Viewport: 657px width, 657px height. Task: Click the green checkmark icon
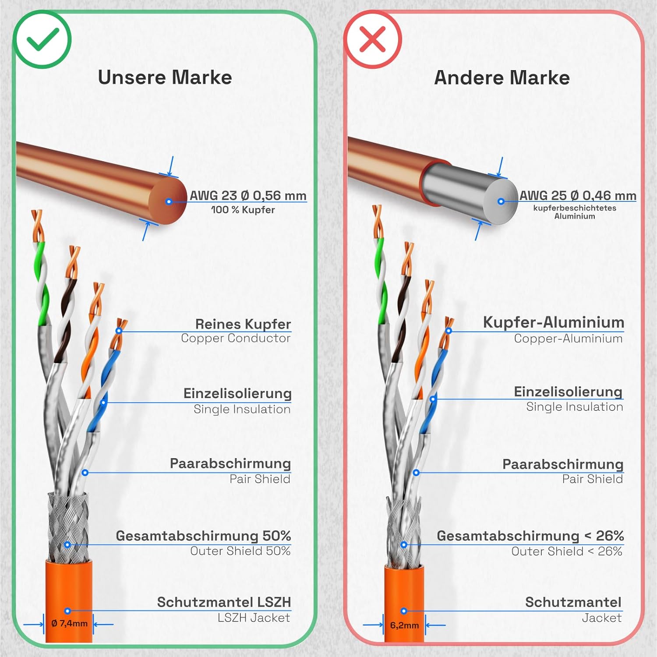click(x=42, y=40)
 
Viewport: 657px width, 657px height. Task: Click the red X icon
click(x=372, y=40)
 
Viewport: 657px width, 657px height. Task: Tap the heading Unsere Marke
click(x=165, y=78)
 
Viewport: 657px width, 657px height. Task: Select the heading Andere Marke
click(x=502, y=78)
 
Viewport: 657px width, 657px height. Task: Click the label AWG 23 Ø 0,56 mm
click(x=248, y=195)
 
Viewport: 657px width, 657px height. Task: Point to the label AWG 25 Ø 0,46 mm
click(x=578, y=195)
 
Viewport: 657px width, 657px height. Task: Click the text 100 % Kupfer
click(x=243, y=210)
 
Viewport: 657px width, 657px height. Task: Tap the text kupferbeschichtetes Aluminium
click(x=575, y=212)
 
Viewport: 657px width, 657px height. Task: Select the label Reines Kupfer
click(x=243, y=324)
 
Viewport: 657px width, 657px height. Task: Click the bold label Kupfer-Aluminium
click(x=553, y=322)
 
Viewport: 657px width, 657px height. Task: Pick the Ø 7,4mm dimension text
click(x=69, y=623)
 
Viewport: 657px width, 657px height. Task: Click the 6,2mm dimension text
click(x=404, y=625)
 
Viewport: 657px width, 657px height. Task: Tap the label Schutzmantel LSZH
click(x=224, y=602)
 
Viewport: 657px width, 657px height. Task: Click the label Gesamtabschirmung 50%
click(x=203, y=536)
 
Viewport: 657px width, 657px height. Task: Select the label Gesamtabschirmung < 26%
click(x=530, y=536)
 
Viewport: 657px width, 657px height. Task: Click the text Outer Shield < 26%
click(x=567, y=551)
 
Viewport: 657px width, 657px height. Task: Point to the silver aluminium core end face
click(x=501, y=201)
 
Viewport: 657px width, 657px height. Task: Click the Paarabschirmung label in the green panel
click(x=230, y=463)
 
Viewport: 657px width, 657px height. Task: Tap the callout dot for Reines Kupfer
click(x=119, y=331)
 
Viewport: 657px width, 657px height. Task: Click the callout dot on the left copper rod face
click(x=169, y=201)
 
